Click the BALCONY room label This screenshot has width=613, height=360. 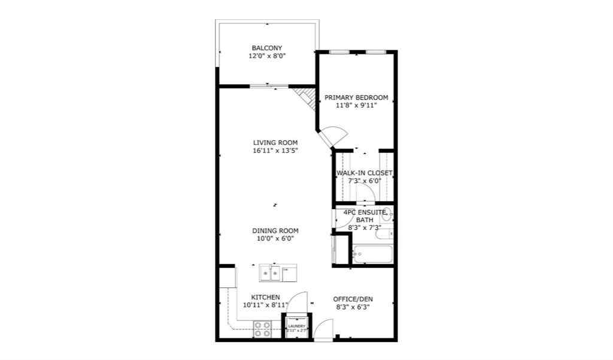267,48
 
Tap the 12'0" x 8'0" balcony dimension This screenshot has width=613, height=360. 267,56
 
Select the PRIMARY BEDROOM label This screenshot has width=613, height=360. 356,98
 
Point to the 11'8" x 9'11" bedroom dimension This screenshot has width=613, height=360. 356,106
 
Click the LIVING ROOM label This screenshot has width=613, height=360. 275,143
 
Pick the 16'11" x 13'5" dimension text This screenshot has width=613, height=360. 275,151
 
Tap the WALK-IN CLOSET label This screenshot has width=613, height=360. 364,173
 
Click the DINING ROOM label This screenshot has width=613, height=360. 275,231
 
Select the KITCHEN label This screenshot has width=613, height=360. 266,297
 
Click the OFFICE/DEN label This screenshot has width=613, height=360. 353,299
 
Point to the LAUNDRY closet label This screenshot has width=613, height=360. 297,326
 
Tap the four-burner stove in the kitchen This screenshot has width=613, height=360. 262,329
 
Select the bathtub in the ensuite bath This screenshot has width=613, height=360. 372,255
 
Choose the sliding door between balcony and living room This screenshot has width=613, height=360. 267,87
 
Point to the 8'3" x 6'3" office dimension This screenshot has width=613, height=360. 353,307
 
